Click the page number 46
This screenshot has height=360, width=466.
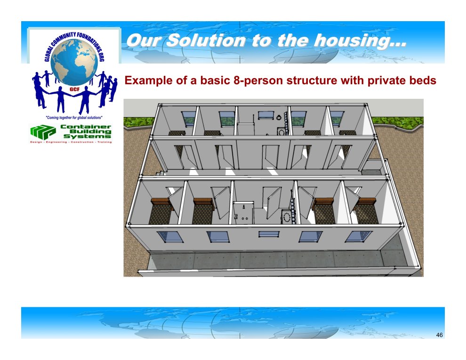click(x=439, y=335)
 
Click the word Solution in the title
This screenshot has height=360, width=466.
click(x=206, y=40)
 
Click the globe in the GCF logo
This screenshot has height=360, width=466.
click(x=74, y=62)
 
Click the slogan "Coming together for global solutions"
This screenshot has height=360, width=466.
click(x=74, y=118)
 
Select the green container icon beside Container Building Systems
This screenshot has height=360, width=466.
click(x=43, y=132)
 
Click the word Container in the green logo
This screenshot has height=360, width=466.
click(x=86, y=127)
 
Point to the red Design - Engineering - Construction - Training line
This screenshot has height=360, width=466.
click(x=71, y=142)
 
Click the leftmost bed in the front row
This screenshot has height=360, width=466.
click(x=161, y=211)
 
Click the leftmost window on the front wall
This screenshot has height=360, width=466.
click(x=170, y=237)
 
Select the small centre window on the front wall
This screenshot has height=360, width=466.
click(x=269, y=234)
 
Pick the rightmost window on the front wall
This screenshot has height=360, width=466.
click(x=358, y=237)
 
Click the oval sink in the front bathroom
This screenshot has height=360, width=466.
click(x=287, y=217)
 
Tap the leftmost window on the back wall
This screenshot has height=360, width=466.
click(x=189, y=118)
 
